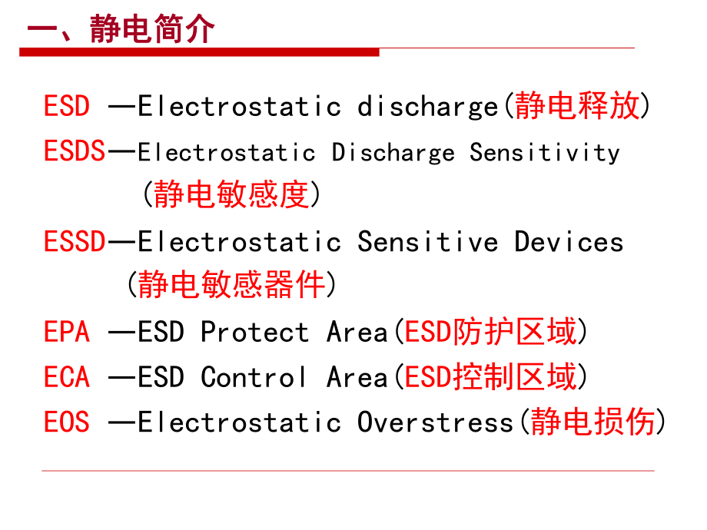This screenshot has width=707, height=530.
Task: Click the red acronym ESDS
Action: [x=75, y=151]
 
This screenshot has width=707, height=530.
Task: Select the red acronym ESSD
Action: [x=75, y=242]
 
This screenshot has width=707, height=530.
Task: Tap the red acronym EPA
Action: [x=67, y=333]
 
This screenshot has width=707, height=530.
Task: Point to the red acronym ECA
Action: [x=67, y=377]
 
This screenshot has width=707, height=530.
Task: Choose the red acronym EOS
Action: [x=67, y=422]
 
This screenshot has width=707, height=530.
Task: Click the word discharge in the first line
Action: [x=428, y=106]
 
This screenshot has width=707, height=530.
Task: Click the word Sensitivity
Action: [x=545, y=152]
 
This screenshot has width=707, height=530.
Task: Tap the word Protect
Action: [x=255, y=333]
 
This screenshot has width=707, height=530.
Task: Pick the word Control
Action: [x=254, y=377]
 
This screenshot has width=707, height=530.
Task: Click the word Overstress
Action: [x=435, y=422]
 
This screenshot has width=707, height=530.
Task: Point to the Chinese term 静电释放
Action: [x=577, y=105]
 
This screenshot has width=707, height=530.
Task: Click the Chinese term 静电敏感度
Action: [x=231, y=195]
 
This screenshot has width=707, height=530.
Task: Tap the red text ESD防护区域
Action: [x=490, y=333]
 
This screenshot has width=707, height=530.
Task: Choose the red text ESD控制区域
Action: [x=490, y=377]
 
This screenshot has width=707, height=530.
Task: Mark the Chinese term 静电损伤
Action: [x=593, y=422]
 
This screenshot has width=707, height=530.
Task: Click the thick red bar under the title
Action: [x=200, y=52]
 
